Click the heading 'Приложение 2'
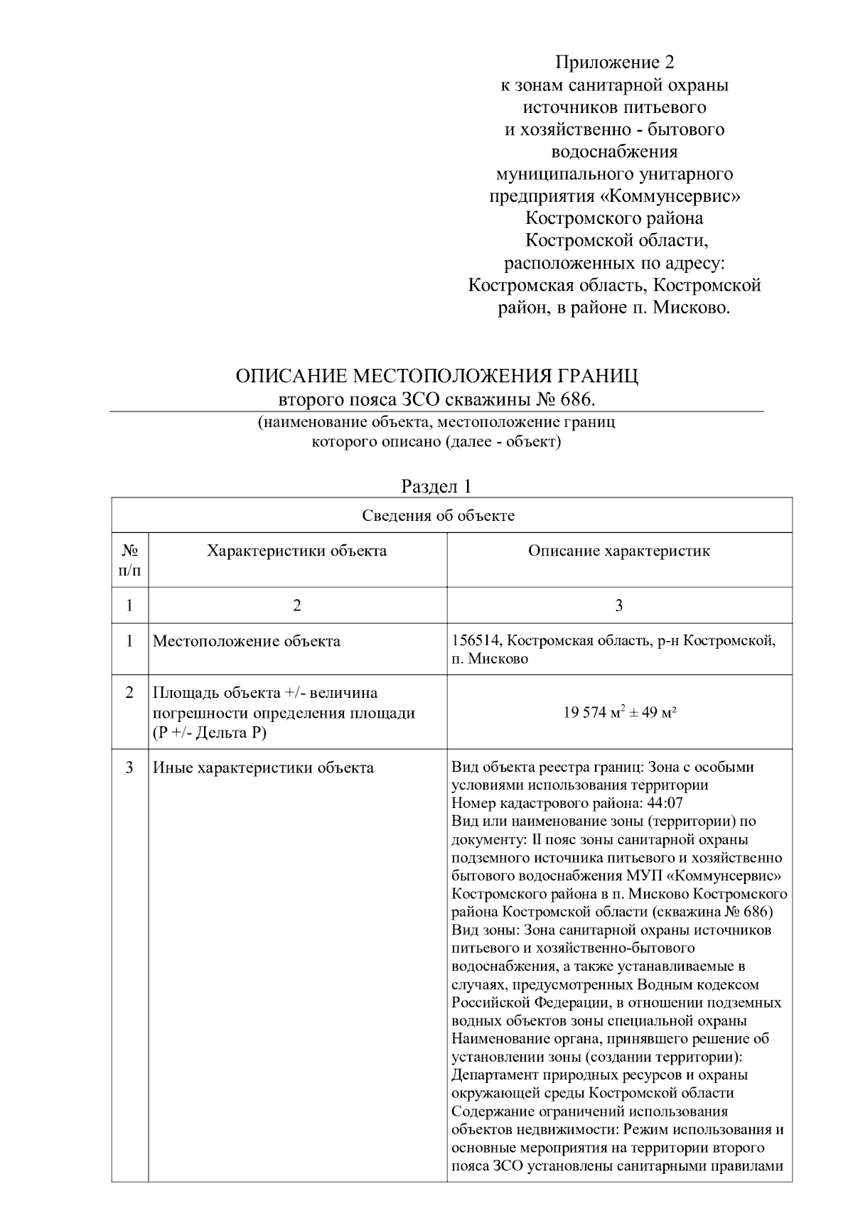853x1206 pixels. pos(614,63)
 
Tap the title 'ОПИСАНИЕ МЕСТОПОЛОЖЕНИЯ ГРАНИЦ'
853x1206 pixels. pos(436,375)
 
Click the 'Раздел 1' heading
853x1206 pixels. pos(436,487)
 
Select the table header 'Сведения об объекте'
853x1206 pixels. pos(438,515)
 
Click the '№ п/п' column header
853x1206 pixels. pos(129,560)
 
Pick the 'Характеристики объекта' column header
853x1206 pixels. pos(296,551)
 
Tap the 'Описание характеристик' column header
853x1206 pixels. pos(618,551)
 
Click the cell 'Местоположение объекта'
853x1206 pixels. pos(247,641)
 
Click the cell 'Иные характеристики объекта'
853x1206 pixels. pos(263,768)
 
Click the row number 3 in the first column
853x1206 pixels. pos(129,768)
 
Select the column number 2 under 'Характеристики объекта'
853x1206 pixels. pos(296,605)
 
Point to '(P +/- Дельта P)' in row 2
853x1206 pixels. pos(209,732)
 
